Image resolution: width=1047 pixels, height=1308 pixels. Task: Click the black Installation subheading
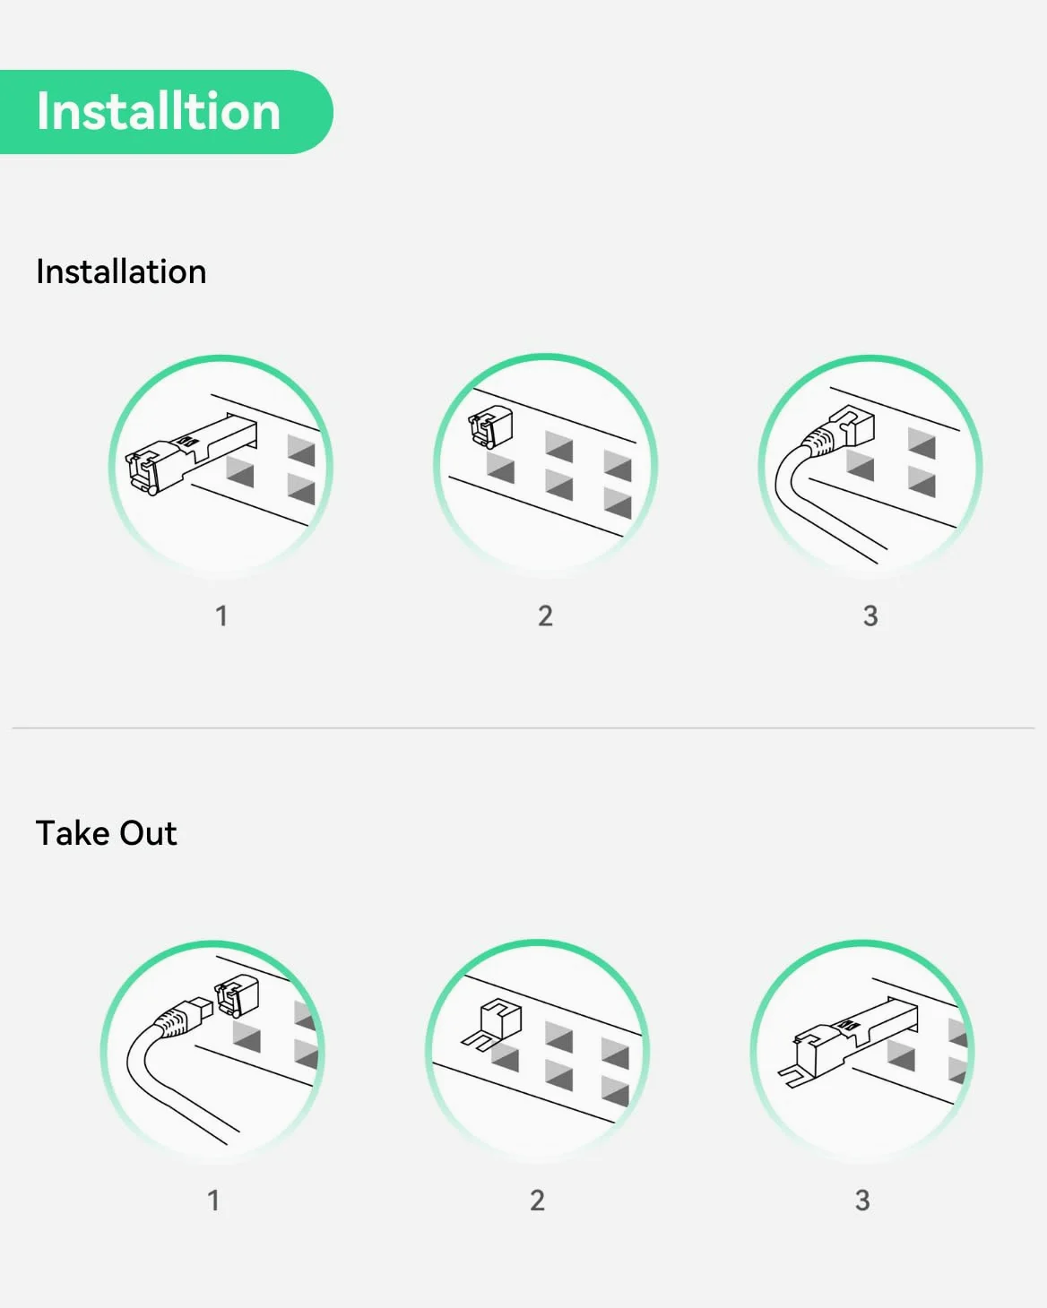tap(121, 271)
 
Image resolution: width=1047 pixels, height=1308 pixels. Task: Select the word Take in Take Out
tap(74, 832)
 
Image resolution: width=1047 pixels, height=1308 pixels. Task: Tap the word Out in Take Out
tap(149, 832)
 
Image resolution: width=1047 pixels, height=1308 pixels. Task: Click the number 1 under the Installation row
tap(221, 615)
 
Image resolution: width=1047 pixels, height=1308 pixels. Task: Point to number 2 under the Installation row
tap(545, 615)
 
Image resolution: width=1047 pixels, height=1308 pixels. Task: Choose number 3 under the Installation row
tap(870, 615)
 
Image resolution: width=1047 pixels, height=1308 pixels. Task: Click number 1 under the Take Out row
tap(213, 1200)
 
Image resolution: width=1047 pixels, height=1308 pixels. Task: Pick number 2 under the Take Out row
tap(537, 1200)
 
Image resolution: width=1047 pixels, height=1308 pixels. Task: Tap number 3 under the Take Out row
tap(862, 1200)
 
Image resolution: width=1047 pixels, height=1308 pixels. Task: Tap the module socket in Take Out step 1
tap(238, 995)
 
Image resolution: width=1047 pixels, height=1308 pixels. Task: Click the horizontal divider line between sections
tap(523, 727)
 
